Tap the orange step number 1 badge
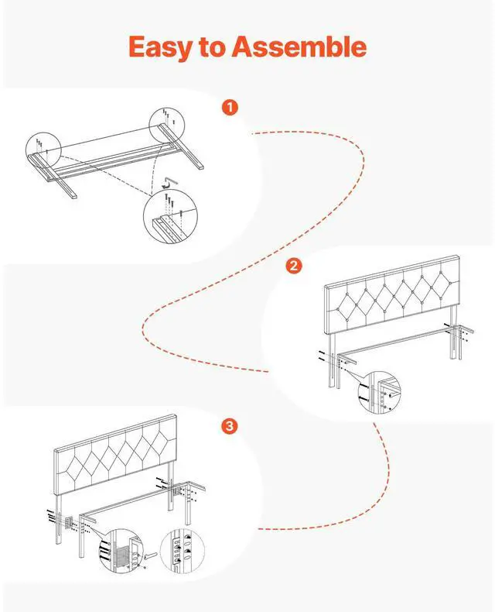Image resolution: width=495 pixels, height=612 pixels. tap(230, 107)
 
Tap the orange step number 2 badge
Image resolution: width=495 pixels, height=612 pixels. tap(293, 266)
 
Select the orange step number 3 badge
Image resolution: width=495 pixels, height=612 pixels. tap(230, 427)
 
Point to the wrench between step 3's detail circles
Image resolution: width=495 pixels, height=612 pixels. tap(150, 555)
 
